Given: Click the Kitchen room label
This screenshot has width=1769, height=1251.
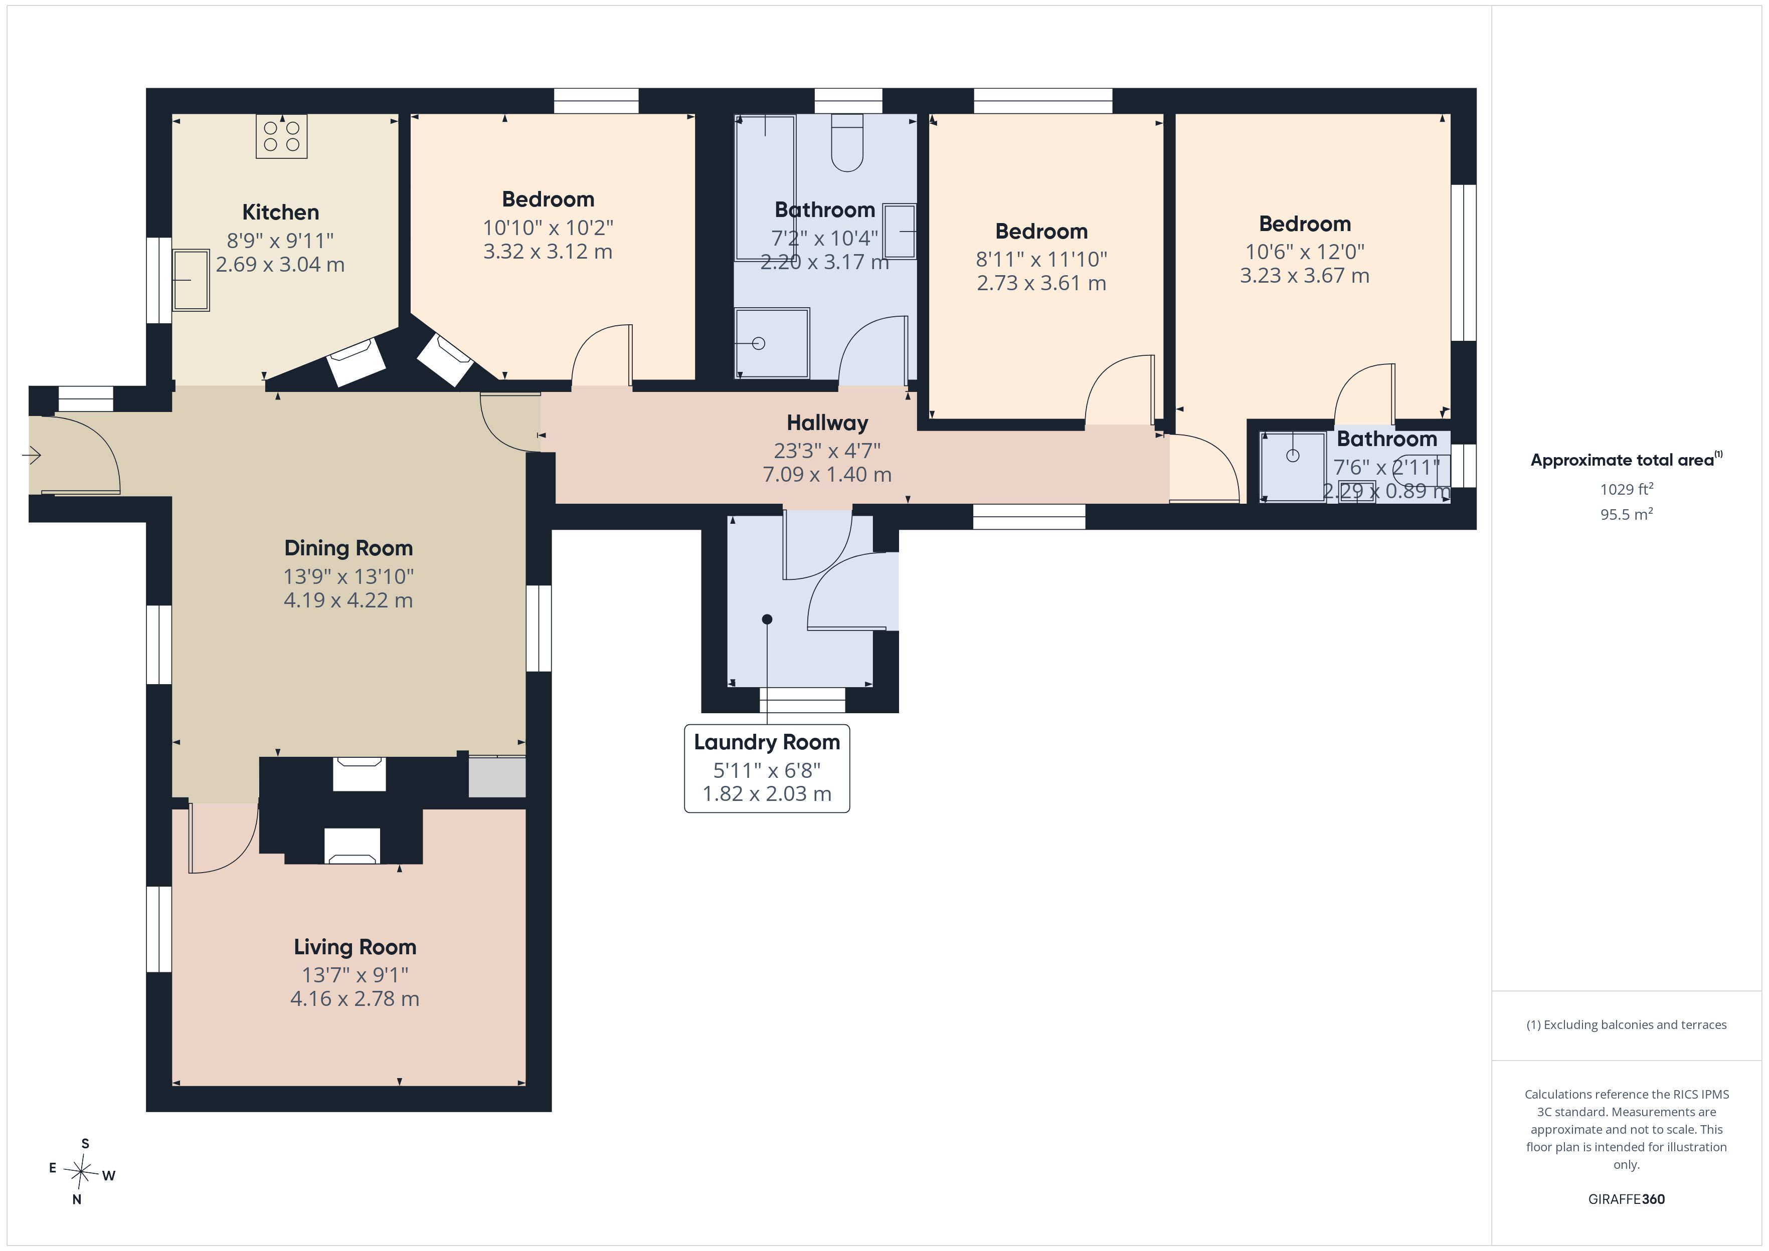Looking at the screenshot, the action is point(280,213).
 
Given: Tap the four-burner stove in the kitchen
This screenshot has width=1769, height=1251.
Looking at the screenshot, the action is point(281,136).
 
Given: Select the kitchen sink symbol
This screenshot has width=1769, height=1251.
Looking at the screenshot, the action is point(191,280).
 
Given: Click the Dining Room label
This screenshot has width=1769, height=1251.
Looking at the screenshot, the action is point(348,548).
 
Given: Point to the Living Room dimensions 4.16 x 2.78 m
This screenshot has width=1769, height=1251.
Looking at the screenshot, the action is point(355,998).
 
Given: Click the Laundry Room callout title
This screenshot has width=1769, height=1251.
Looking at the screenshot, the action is point(767,743).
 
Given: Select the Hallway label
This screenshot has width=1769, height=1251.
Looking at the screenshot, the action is point(827,423).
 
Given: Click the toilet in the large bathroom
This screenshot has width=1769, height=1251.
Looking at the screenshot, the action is point(847,142).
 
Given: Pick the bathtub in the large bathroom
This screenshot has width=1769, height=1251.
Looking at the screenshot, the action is point(765,187).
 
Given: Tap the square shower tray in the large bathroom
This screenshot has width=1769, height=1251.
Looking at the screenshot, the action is point(772,343).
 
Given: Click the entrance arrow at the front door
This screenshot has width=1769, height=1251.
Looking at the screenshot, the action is point(32,456).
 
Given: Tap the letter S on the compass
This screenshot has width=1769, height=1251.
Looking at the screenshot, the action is point(86,1143).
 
